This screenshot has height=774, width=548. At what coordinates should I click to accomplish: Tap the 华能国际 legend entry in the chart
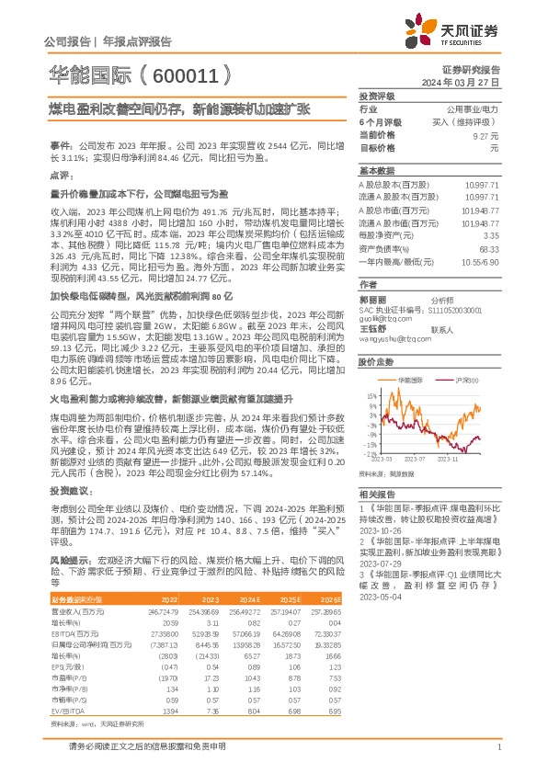(x=413, y=379)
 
